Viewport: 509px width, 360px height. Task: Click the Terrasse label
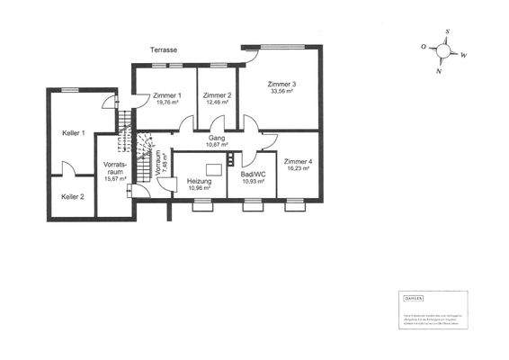pyautogui.click(x=164, y=51)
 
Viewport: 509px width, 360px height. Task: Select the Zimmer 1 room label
pyautogui.click(x=167, y=95)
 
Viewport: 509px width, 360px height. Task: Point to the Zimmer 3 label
pyautogui.click(x=281, y=85)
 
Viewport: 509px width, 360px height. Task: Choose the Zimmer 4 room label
pyautogui.click(x=298, y=160)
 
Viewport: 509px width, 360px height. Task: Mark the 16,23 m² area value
pyautogui.click(x=298, y=167)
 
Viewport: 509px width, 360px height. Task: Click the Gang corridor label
pyautogui.click(x=217, y=138)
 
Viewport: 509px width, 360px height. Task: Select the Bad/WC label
pyautogui.click(x=253, y=174)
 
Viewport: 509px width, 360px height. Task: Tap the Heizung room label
pyautogui.click(x=199, y=181)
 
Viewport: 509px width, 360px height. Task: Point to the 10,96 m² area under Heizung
pyautogui.click(x=199, y=188)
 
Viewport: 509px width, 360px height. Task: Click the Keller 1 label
pyautogui.click(x=73, y=133)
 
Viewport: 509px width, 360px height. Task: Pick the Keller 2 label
pyautogui.click(x=72, y=196)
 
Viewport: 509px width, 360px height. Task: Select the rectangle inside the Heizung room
pyautogui.click(x=214, y=169)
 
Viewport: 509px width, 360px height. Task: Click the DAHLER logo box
pyautogui.click(x=413, y=298)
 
